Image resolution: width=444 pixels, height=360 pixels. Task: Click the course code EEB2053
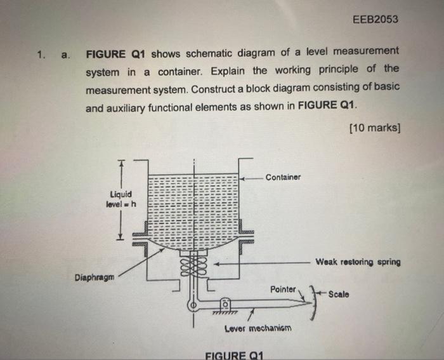375,19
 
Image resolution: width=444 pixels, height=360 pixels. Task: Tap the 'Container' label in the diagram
283,177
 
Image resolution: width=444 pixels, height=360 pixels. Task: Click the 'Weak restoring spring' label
358,262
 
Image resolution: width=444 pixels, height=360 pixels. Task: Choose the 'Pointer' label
283,289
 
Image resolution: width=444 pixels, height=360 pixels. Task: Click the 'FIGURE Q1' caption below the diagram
234,354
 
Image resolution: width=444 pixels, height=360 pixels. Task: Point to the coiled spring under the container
194,262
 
